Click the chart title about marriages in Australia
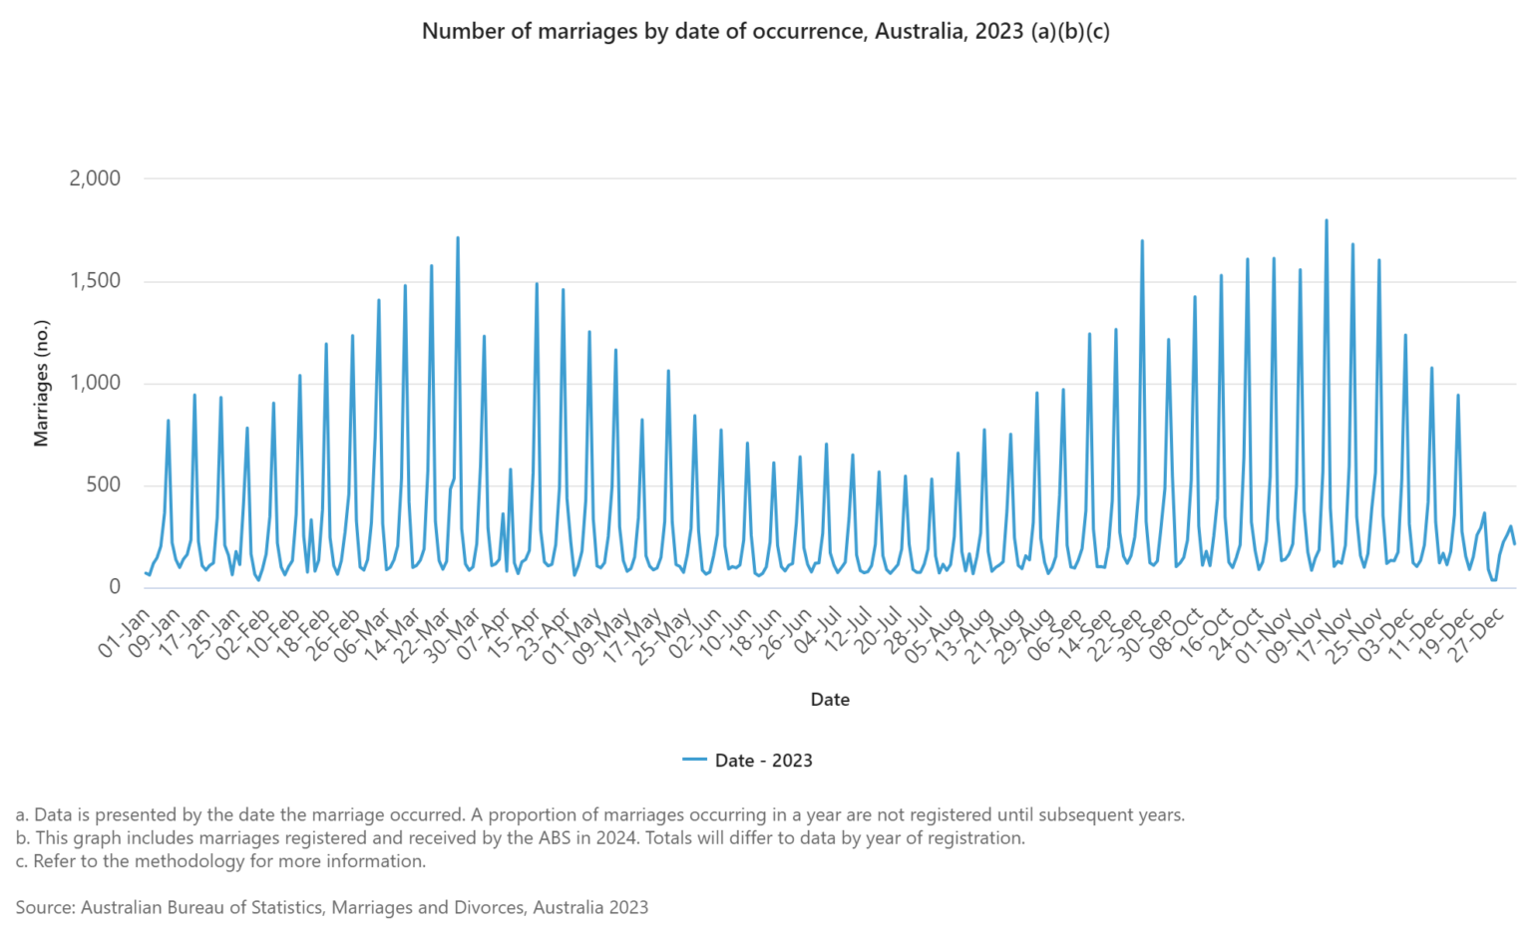click(765, 31)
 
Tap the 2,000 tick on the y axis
click(95, 178)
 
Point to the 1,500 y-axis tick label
click(95, 281)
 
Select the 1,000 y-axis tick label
click(95, 383)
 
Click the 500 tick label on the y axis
click(102, 485)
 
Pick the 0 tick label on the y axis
click(115, 587)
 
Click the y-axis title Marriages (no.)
click(41, 383)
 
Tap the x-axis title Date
click(830, 700)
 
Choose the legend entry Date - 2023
click(763, 761)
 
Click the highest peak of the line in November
click(1326, 220)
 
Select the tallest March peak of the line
click(458, 238)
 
